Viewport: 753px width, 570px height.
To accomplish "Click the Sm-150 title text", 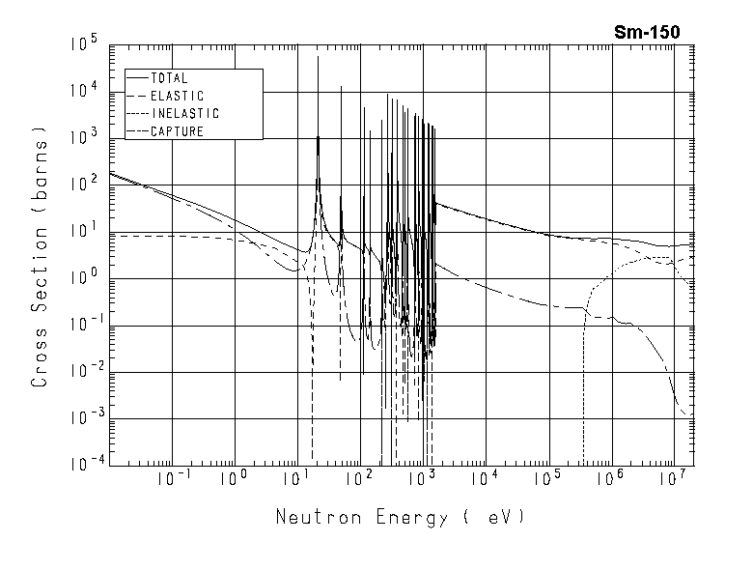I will click(x=647, y=32).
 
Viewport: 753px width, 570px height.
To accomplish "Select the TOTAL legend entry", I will click(x=169, y=78).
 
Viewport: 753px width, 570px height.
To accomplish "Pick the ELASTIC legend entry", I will click(x=177, y=96).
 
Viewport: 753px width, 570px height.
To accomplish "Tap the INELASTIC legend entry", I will click(x=184, y=114).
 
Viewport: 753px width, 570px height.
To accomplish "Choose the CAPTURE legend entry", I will click(x=177, y=131).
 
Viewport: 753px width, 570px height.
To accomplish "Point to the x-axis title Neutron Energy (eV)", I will click(x=401, y=517).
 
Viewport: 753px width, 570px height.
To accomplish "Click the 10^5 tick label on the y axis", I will click(x=84, y=46).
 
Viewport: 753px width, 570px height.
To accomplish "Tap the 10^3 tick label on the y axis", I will click(x=84, y=139).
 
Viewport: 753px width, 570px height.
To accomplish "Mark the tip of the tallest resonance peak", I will click(x=318, y=57).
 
